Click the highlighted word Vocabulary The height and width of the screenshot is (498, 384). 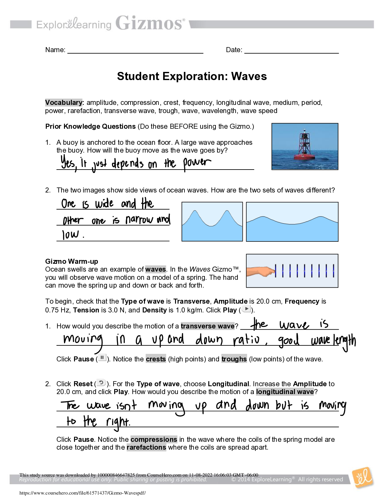click(x=64, y=103)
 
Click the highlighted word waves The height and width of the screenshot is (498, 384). click(x=156, y=269)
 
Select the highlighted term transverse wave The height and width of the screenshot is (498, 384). click(x=207, y=326)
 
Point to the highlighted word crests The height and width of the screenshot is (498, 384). click(x=156, y=359)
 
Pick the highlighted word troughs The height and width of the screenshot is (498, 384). click(x=234, y=359)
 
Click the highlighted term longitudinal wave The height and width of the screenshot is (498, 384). click(x=285, y=392)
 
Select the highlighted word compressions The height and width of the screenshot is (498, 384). click(x=154, y=439)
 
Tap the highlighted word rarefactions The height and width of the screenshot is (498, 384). click(x=146, y=447)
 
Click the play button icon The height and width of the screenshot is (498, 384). click(x=246, y=309)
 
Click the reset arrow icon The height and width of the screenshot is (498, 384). click(x=101, y=382)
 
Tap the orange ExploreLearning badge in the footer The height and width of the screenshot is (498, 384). click(x=363, y=478)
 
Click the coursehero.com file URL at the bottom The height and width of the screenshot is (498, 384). click(x=83, y=493)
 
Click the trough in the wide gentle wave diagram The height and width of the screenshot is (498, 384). click(x=292, y=224)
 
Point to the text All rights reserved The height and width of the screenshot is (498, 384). click(x=320, y=479)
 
